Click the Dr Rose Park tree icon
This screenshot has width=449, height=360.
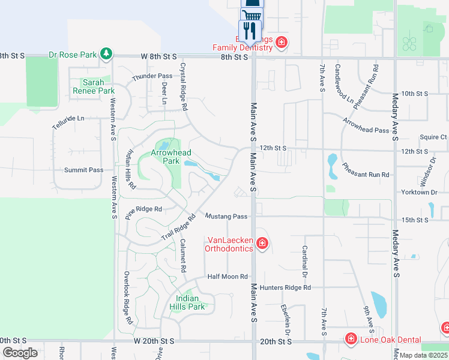(x=106, y=55)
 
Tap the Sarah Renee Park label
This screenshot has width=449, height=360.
(x=93, y=86)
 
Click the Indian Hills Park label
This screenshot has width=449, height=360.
(x=190, y=302)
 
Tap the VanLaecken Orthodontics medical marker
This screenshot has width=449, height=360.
(x=262, y=243)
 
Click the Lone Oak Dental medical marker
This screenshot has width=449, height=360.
(x=351, y=340)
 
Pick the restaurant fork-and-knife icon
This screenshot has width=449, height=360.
(x=249, y=30)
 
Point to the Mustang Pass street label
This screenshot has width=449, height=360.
(x=226, y=216)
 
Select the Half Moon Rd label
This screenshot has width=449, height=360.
(x=227, y=277)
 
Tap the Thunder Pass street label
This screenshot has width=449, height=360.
(x=152, y=76)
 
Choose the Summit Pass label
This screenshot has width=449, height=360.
(x=83, y=170)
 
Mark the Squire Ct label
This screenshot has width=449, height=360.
(x=433, y=137)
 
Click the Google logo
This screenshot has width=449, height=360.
(x=20, y=353)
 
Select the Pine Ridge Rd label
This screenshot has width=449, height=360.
(x=144, y=209)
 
